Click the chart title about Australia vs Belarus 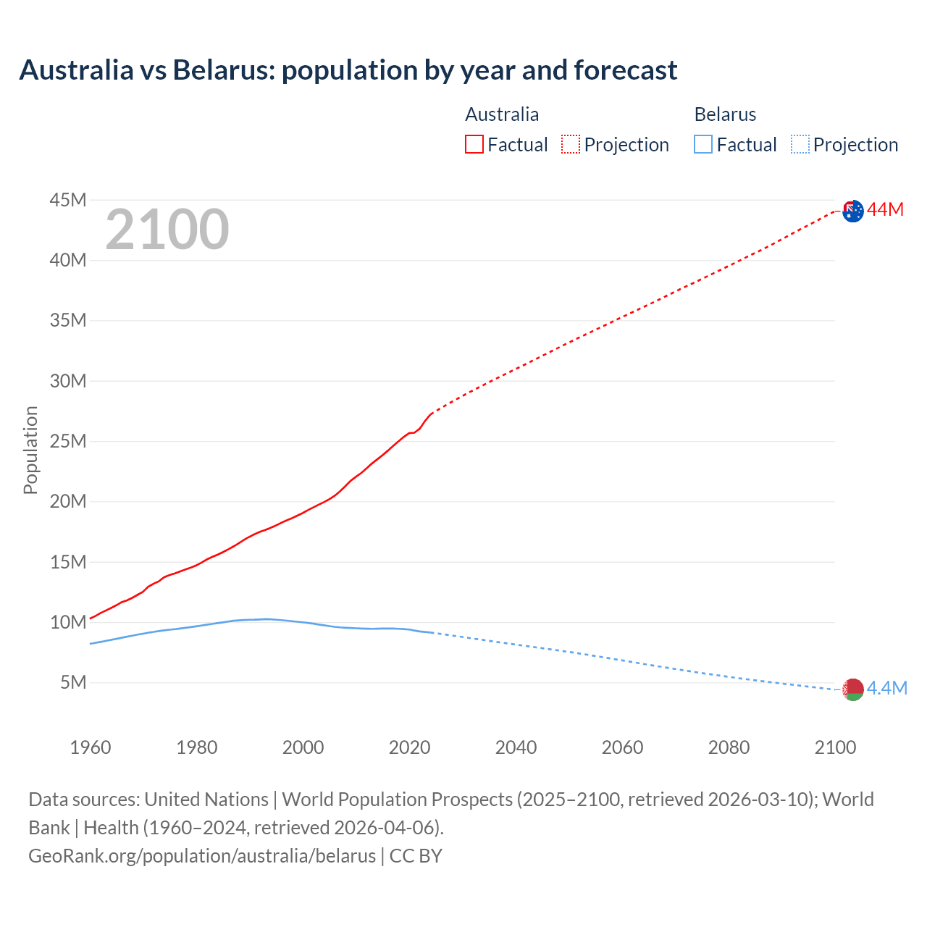pyautogui.click(x=348, y=70)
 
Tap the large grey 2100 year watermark pyautogui.click(x=167, y=230)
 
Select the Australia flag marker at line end pyautogui.click(x=853, y=211)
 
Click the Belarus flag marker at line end pyautogui.click(x=853, y=689)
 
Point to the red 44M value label pyautogui.click(x=885, y=209)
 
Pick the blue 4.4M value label pyautogui.click(x=886, y=688)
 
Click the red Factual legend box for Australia pyautogui.click(x=474, y=145)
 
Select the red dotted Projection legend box pyautogui.click(x=571, y=145)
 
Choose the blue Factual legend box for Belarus pyautogui.click(x=703, y=145)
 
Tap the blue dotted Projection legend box pyautogui.click(x=800, y=145)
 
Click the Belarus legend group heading pyautogui.click(x=725, y=114)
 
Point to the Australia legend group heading pyautogui.click(x=502, y=114)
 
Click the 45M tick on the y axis pyautogui.click(x=68, y=200)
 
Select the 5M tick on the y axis pyautogui.click(x=73, y=682)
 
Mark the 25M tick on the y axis pyautogui.click(x=68, y=441)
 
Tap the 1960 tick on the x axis pyautogui.click(x=91, y=747)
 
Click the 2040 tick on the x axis pyautogui.click(x=516, y=747)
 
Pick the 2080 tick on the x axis pyautogui.click(x=729, y=747)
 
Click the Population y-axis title pyautogui.click(x=30, y=450)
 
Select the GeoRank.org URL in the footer pyautogui.click(x=202, y=855)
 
